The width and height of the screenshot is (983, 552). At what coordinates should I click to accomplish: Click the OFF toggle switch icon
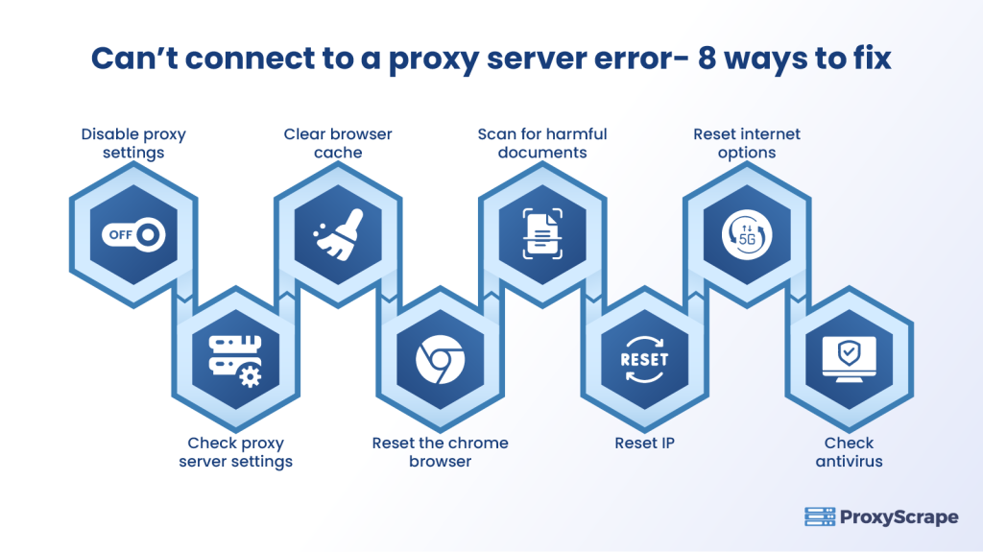(x=133, y=234)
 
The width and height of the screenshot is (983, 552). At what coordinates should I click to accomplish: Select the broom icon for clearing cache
(x=338, y=234)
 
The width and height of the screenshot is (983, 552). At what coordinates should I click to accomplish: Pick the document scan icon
(x=542, y=234)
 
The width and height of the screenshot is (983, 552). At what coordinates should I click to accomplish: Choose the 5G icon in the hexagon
(x=746, y=234)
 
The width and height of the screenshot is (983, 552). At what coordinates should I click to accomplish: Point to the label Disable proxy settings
(x=133, y=143)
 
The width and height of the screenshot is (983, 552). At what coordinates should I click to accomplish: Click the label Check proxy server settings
(x=235, y=452)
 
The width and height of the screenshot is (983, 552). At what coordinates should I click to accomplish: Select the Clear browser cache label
(x=338, y=143)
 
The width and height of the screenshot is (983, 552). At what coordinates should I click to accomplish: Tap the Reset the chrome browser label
(x=441, y=452)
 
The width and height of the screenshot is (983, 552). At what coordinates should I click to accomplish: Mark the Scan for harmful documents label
(x=542, y=143)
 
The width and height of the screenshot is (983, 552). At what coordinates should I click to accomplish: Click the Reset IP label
(x=644, y=444)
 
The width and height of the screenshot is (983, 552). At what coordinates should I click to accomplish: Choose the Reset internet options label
(x=746, y=143)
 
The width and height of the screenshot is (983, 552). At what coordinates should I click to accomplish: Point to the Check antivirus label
(x=849, y=452)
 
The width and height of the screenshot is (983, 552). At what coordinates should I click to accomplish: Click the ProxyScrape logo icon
(x=819, y=517)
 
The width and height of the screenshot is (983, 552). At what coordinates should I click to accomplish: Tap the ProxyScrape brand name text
(x=899, y=517)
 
